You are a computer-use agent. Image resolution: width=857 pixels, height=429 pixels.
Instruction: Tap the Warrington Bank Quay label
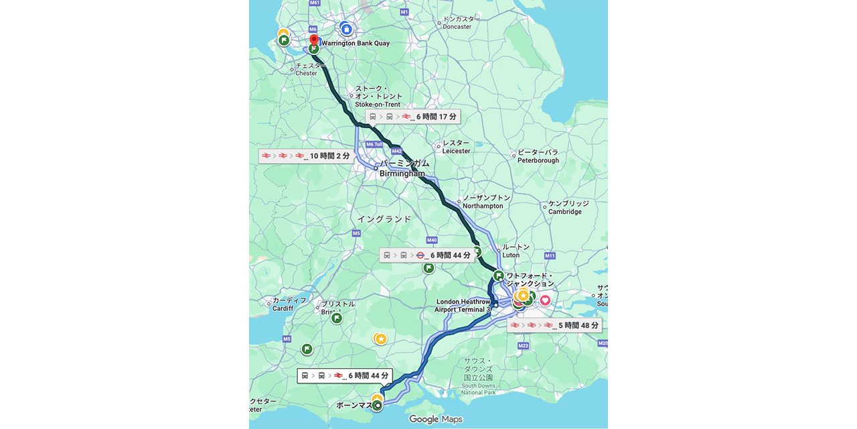355,44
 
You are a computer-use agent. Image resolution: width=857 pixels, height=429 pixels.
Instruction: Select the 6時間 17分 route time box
413,117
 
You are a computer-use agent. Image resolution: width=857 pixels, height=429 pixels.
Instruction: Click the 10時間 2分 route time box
305,156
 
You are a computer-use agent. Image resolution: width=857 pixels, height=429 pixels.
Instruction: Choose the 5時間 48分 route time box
554,326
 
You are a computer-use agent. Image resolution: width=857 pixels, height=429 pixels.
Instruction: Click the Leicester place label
456,147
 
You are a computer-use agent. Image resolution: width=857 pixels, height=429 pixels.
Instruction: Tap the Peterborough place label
538,156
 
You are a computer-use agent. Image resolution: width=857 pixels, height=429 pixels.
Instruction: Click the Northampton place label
483,202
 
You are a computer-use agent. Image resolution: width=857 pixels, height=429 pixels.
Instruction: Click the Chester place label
306,70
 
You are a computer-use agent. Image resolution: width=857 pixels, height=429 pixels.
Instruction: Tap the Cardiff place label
283,304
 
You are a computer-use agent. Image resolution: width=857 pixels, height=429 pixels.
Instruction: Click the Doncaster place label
457,23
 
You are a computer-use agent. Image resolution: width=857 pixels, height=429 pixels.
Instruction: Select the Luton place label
514,251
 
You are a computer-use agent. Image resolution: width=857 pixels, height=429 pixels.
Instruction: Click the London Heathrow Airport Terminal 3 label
463,306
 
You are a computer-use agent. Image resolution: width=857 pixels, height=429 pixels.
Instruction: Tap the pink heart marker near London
545,300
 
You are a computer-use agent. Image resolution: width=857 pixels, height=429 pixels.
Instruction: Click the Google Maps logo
435,420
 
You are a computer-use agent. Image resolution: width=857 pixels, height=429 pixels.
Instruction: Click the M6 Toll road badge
374,144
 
